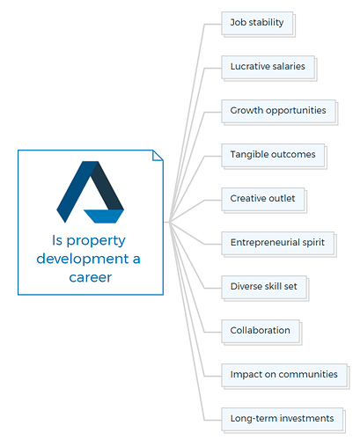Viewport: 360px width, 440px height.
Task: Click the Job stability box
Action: click(x=258, y=24)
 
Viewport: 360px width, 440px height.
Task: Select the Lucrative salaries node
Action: click(x=269, y=68)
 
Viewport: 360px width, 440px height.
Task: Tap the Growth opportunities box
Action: click(x=280, y=112)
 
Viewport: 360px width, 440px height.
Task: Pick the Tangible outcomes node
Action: click(x=274, y=156)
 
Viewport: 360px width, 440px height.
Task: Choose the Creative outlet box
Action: click(x=264, y=200)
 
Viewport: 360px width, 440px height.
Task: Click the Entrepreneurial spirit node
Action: click(x=279, y=244)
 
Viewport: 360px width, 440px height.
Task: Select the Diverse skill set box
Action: click(x=265, y=288)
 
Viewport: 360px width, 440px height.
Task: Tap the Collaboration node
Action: click(x=261, y=332)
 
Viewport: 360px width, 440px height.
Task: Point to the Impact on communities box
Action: click(x=285, y=376)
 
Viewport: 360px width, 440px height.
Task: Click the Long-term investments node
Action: click(x=283, y=420)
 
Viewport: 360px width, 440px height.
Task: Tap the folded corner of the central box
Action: click(x=158, y=156)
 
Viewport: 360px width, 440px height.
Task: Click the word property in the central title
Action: click(x=96, y=241)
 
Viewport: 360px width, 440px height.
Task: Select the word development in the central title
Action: click(x=83, y=259)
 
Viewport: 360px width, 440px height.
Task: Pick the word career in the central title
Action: click(x=91, y=277)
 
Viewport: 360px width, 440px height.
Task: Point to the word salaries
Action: click(x=287, y=66)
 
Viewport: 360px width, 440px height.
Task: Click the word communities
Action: click(x=308, y=374)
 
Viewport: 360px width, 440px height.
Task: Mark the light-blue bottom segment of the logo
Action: click(x=104, y=216)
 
